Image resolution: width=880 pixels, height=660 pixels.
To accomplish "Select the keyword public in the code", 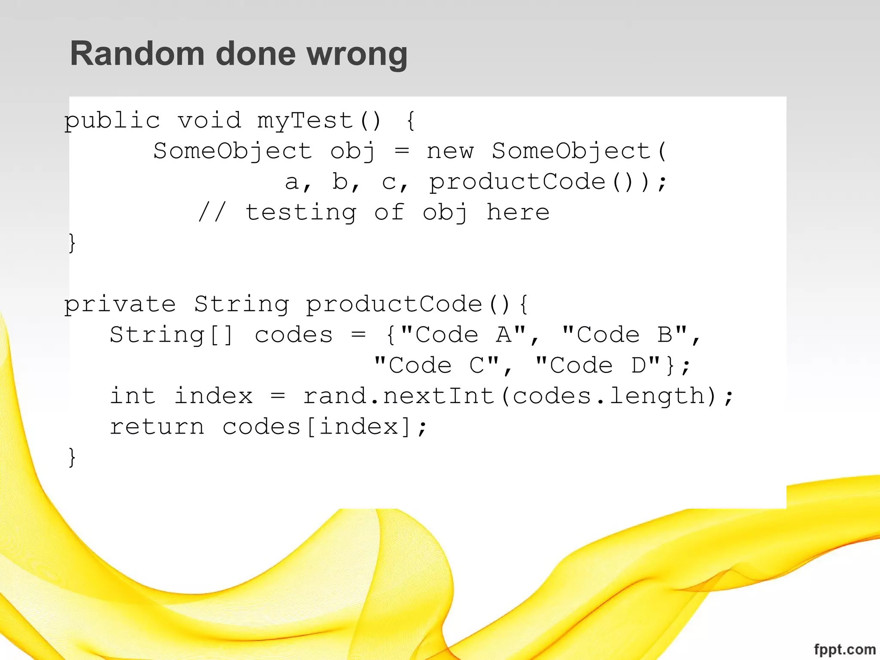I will point(112,121).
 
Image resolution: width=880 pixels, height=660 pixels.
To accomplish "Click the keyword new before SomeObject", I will point(450,151).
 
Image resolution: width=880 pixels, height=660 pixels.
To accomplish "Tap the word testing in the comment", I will point(301,213).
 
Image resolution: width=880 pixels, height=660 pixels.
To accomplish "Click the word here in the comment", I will point(518,213).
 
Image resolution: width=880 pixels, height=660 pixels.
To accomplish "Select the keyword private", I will point(120,305).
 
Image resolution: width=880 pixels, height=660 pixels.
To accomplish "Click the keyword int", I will point(132,396).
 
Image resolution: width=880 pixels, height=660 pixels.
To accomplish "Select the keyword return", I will point(157,427).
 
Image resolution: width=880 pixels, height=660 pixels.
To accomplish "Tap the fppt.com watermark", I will point(844,649).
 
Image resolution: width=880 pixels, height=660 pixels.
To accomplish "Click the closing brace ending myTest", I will point(72,243).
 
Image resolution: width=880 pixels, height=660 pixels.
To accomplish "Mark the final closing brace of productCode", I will point(72,457).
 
